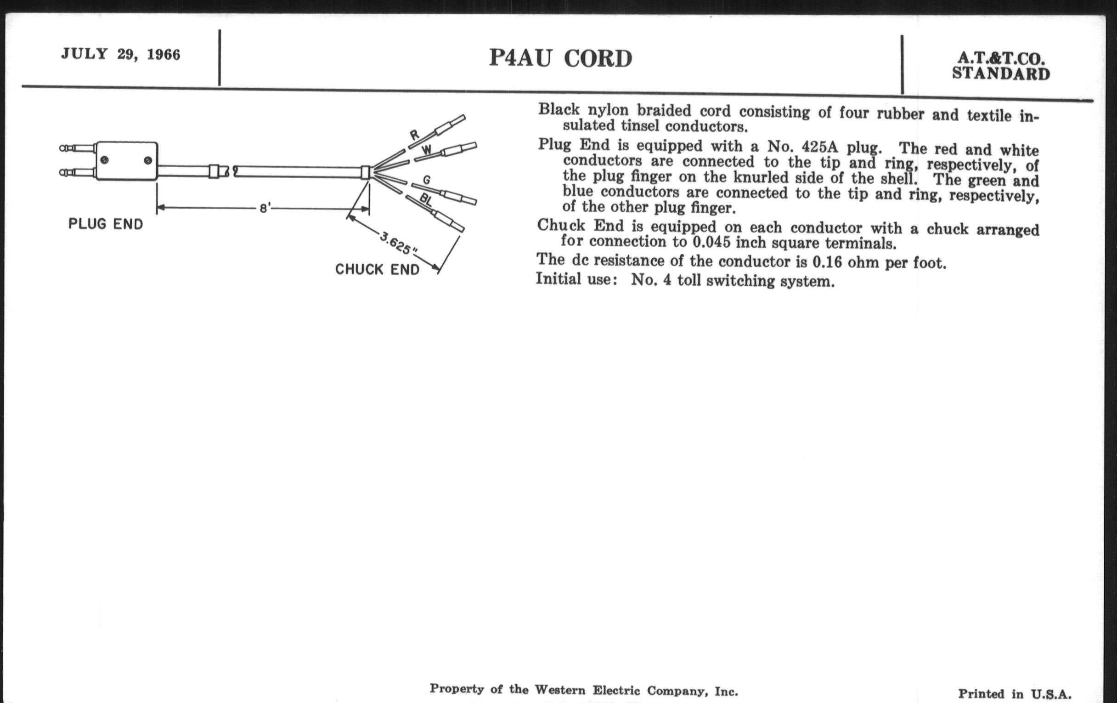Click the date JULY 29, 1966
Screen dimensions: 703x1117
pyautogui.click(x=121, y=54)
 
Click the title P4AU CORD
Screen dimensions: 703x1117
pyautogui.click(x=560, y=58)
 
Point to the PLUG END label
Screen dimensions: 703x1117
pyautogui.click(x=106, y=224)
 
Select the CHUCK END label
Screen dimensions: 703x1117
pyautogui.click(x=377, y=270)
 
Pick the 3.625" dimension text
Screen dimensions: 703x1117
pyautogui.click(x=399, y=243)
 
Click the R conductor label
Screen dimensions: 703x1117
pyautogui.click(x=414, y=135)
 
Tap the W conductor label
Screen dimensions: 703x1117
pyautogui.click(x=426, y=150)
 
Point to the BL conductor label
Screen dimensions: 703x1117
pyautogui.click(x=426, y=200)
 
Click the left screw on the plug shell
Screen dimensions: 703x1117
pyautogui.click(x=105, y=160)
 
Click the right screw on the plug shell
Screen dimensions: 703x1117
pyautogui.click(x=147, y=160)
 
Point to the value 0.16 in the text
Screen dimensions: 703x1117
pyautogui.click(x=827, y=262)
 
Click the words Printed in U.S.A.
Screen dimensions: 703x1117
pyautogui.click(x=1015, y=694)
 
